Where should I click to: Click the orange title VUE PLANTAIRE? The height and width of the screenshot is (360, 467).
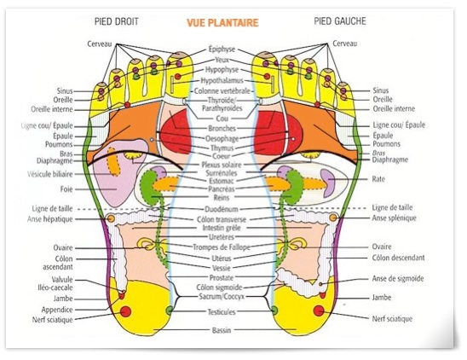coord(222,23)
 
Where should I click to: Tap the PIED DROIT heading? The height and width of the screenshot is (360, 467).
coord(117,21)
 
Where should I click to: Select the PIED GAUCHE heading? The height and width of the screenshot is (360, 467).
coord(340,20)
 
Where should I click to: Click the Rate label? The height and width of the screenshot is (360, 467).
coord(378,179)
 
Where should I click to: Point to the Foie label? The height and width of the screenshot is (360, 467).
coord(66,189)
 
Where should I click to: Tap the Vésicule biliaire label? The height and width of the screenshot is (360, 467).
coord(50,174)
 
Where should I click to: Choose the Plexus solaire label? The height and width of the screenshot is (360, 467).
coord(222,165)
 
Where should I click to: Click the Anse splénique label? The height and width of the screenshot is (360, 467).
coord(394,218)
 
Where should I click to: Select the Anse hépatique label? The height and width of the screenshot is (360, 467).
coord(50,219)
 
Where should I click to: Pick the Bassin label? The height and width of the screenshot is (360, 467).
coord(222,330)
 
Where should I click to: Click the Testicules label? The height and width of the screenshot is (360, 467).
coord(222,312)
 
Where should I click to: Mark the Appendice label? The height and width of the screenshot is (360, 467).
coord(57,310)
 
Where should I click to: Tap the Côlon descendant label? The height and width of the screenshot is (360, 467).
coord(398,258)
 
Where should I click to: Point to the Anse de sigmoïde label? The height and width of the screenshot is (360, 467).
coord(398,279)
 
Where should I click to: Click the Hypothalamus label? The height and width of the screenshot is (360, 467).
coord(222,80)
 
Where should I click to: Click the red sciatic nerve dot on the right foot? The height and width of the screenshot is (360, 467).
coord(125,311)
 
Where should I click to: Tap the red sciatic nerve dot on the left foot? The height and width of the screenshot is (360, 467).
coord(319,311)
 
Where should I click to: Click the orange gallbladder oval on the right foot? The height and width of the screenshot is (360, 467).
coord(113,161)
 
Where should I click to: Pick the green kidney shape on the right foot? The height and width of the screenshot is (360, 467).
coord(148,188)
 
